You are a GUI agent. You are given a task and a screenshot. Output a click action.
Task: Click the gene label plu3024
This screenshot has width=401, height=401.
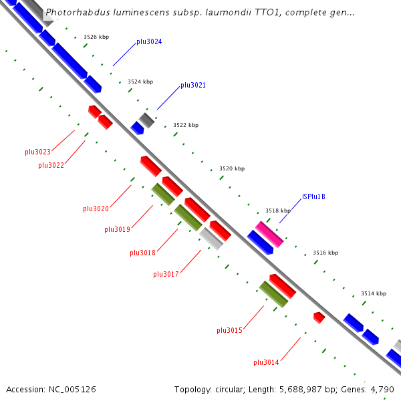point(149,41)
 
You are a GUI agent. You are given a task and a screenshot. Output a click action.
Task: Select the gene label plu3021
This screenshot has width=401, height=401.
point(193,86)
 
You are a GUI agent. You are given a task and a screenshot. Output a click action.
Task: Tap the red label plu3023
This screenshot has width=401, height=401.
point(38,152)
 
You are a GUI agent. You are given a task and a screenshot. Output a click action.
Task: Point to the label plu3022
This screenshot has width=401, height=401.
point(51,165)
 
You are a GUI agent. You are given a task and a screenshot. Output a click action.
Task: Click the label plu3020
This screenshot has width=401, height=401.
point(96,209)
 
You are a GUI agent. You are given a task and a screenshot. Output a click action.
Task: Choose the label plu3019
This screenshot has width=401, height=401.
point(117,229)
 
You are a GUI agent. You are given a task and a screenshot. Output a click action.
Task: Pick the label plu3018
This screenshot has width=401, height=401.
point(142,253)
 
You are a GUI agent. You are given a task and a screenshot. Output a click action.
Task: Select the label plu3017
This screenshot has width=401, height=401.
point(166,274)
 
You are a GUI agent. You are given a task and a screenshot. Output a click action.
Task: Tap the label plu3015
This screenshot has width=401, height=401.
point(229,330)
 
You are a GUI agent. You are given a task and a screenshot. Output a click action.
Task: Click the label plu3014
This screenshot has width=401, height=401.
point(266,362)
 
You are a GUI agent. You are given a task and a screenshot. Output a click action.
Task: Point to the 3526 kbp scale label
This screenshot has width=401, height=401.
point(96,37)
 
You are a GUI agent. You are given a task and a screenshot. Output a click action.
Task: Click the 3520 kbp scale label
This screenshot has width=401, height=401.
point(232,169)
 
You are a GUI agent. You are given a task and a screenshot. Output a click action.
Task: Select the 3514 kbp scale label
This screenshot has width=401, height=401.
point(374,293)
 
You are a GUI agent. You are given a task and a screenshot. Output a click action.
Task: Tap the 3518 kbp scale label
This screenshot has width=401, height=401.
point(278,211)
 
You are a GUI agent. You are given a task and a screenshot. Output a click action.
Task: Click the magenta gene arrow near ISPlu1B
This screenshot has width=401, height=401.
point(269,234)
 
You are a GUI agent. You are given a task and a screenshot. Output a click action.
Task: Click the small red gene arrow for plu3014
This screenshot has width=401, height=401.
point(319,317)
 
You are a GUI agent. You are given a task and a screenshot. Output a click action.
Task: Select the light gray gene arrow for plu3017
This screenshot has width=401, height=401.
point(211,239)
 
